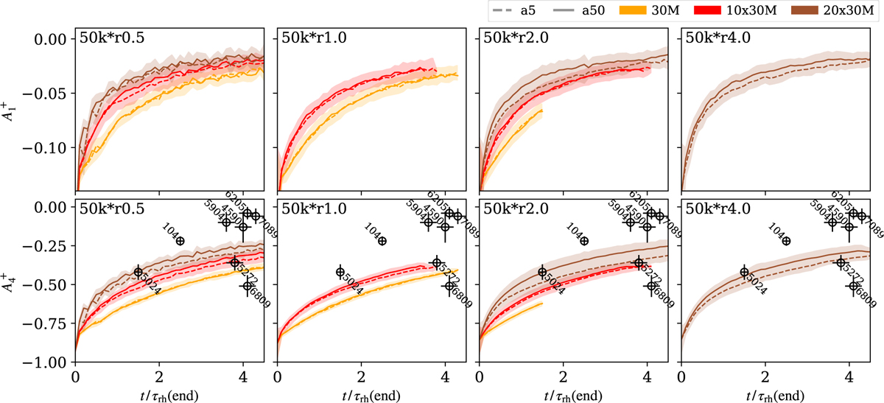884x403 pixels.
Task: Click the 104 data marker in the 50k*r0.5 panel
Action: (180, 241)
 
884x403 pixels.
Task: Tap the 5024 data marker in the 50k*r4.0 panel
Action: (744, 272)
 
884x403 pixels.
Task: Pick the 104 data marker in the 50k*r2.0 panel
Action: (584, 241)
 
